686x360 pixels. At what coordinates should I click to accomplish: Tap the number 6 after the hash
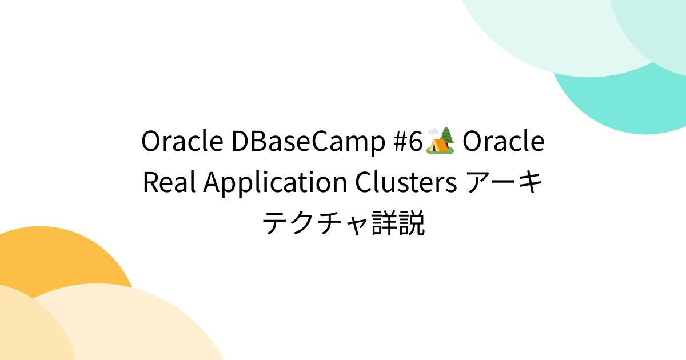[x=414, y=142]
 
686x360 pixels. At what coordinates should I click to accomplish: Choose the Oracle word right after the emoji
[x=503, y=142]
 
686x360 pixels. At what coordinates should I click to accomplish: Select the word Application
[x=275, y=183]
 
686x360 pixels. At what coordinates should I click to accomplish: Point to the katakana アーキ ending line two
[x=505, y=183]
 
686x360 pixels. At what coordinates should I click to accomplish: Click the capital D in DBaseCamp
[x=240, y=142]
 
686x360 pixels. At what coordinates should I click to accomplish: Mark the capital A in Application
[x=212, y=183]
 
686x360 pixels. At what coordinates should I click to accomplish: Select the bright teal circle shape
[x=629, y=97]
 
